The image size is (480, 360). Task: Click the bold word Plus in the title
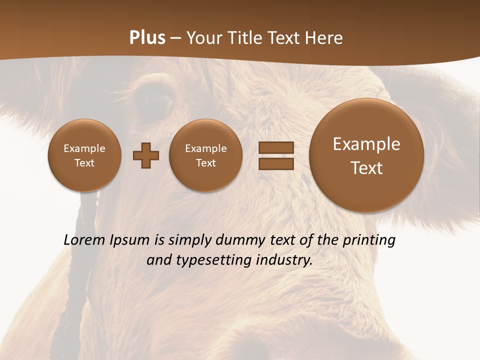[x=147, y=38]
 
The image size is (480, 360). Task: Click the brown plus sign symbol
[x=146, y=155]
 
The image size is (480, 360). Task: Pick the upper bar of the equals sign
[x=276, y=147]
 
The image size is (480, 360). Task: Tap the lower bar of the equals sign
[x=276, y=163]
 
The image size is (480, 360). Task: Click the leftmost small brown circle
[x=84, y=155]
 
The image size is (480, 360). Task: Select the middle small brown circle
[x=205, y=155]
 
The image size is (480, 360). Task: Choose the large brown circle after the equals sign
[x=366, y=155]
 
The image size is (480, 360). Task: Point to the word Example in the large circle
[x=366, y=144]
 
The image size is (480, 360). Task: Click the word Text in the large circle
[x=366, y=168]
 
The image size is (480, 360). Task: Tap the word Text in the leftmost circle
[x=84, y=163]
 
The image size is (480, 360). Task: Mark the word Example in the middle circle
[x=205, y=148]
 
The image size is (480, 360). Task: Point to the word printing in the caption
[x=369, y=240]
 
